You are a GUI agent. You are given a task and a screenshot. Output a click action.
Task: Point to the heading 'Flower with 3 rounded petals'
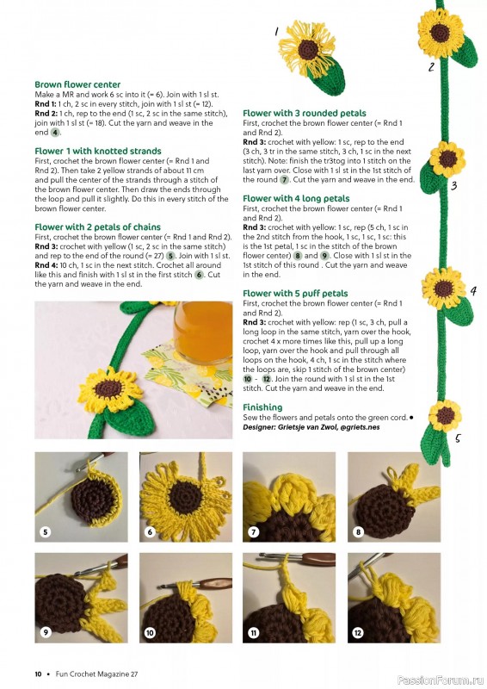[x=304, y=114]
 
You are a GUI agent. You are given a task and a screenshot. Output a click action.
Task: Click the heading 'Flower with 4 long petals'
[x=296, y=199]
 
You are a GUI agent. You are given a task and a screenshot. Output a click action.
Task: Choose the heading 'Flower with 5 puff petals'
[x=295, y=294]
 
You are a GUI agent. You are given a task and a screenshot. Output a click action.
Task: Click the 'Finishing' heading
[x=262, y=407]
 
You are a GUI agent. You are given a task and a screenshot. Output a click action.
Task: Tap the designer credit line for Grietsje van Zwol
[x=311, y=426]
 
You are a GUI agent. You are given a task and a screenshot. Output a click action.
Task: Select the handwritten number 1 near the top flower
[x=276, y=32]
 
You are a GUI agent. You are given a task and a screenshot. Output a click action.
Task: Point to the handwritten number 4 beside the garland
[x=472, y=291]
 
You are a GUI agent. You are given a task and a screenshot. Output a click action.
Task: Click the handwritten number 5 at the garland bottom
[x=458, y=438]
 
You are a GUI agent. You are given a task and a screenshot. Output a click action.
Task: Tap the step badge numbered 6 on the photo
[x=150, y=532]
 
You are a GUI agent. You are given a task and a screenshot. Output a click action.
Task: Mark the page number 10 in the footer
[x=39, y=673]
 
